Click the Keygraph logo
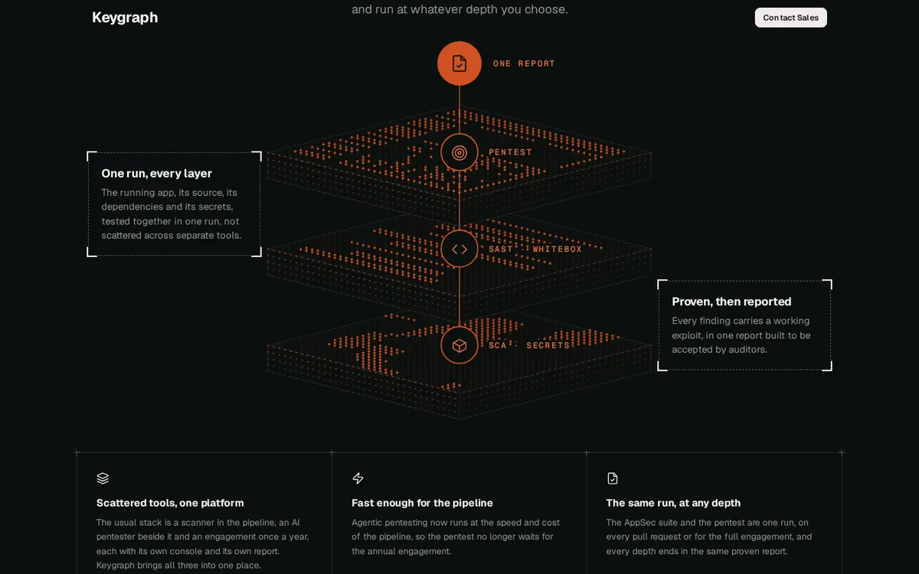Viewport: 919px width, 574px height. [x=125, y=18]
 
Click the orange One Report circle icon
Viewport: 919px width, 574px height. [x=459, y=63]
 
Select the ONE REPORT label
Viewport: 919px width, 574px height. [x=524, y=64]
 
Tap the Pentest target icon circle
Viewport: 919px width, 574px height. [x=459, y=152]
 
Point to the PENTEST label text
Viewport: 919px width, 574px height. [x=510, y=152]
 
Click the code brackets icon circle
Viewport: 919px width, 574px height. [x=459, y=249]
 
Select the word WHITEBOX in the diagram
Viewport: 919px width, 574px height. [x=557, y=249]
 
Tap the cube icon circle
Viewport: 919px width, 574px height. [x=459, y=345]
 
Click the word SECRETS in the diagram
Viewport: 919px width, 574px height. [x=548, y=345]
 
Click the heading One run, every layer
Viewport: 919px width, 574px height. [x=157, y=174]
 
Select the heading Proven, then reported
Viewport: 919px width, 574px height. [x=731, y=302]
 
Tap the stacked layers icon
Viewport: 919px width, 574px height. [x=103, y=478]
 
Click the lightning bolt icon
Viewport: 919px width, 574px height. [x=358, y=478]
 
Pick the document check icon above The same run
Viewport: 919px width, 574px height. [x=612, y=478]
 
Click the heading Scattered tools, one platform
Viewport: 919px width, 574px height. [x=170, y=503]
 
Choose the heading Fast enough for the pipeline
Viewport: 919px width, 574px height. [x=422, y=503]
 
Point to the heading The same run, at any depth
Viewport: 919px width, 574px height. [x=673, y=503]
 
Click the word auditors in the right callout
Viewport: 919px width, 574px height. [x=750, y=350]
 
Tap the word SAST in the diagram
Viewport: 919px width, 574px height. [x=501, y=249]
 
